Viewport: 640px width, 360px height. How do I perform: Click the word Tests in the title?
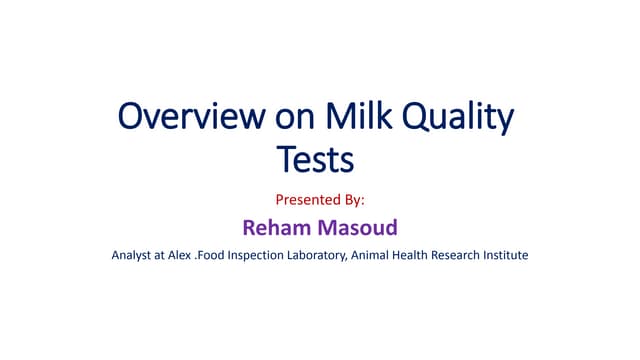pos(315,158)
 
